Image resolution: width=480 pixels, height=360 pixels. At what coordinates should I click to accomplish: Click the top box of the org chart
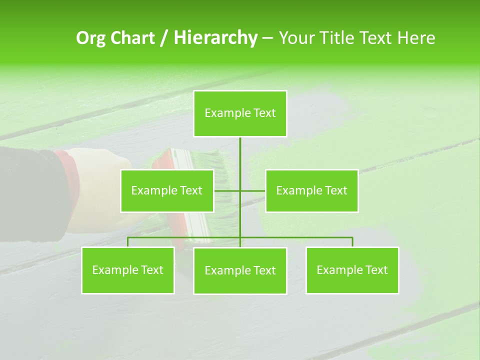pos(240,113)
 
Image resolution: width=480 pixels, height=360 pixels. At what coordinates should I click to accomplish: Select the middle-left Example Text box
pos(167,190)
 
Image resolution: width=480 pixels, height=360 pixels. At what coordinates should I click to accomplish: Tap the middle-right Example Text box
pos(311,190)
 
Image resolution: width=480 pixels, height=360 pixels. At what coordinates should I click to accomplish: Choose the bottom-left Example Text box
pos(128,270)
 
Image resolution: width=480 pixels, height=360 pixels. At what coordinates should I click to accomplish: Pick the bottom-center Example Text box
pos(240,270)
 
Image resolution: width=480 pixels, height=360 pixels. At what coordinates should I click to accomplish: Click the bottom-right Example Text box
pos(352,270)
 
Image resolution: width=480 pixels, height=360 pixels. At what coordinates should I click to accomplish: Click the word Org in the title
pos(90,38)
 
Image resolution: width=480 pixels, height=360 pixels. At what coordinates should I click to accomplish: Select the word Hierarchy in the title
pos(215,38)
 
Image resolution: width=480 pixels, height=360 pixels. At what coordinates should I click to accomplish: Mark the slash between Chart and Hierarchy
pos(164,38)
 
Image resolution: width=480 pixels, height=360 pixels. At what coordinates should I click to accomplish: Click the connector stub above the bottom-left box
pos(128,242)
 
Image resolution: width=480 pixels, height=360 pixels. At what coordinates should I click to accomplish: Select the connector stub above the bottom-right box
pos(352,242)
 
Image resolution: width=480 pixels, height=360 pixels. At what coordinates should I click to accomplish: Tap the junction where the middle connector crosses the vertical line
pos(240,190)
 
